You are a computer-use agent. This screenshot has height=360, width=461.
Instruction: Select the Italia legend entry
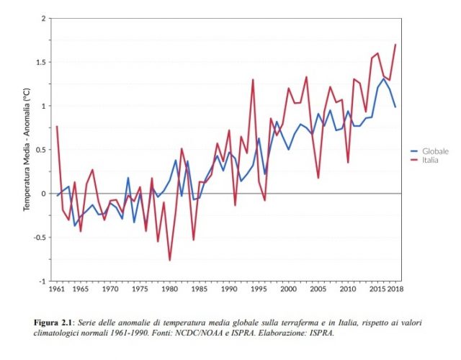pos(430,160)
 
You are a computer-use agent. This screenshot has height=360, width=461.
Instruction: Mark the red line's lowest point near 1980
pos(170,260)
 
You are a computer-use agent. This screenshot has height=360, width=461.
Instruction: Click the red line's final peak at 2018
pos(395,45)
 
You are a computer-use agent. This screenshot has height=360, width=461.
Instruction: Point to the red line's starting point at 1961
pos(56,127)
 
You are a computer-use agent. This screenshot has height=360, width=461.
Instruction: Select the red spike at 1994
pos(253,79)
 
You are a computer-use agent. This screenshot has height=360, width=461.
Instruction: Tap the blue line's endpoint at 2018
pos(395,107)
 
